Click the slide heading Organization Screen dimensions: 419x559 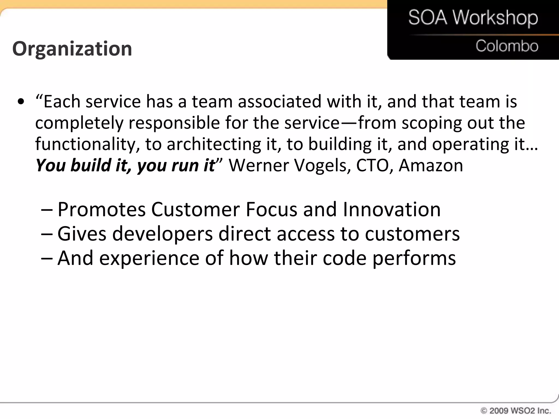coord(72,49)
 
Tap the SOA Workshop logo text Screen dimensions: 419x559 coord(473,18)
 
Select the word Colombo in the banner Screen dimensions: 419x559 coord(507,46)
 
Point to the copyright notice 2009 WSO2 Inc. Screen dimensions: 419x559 coord(516,411)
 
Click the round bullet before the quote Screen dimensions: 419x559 coord(21,102)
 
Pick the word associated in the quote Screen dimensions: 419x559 coord(279,101)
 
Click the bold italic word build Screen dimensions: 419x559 coord(91,165)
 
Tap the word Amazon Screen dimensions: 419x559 coord(431,165)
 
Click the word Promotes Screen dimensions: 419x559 coord(102,209)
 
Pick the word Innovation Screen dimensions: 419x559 coord(391,209)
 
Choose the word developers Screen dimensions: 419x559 coord(162,234)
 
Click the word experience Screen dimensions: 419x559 coord(149,258)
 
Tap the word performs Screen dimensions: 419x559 coord(414,258)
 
